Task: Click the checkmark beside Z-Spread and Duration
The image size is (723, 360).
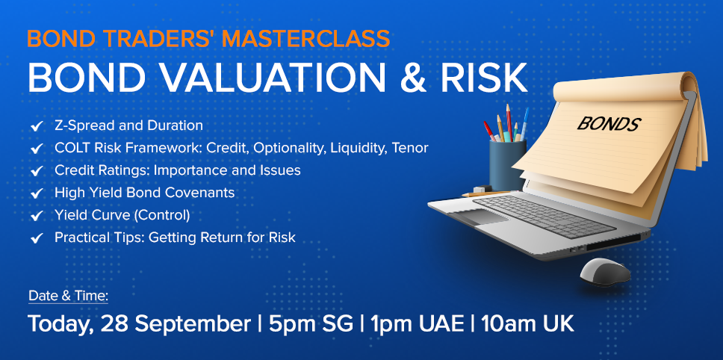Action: pyautogui.click(x=37, y=125)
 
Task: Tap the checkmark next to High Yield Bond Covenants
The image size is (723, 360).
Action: pyautogui.click(x=37, y=193)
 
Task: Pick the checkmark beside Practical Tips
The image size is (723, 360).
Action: pyautogui.click(x=37, y=238)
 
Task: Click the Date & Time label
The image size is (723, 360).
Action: pyautogui.click(x=68, y=296)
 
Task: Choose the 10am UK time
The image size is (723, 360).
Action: pyautogui.click(x=527, y=324)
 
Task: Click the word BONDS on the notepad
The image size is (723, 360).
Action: pyautogui.click(x=609, y=124)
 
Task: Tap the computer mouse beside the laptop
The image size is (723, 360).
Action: pyautogui.click(x=605, y=271)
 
